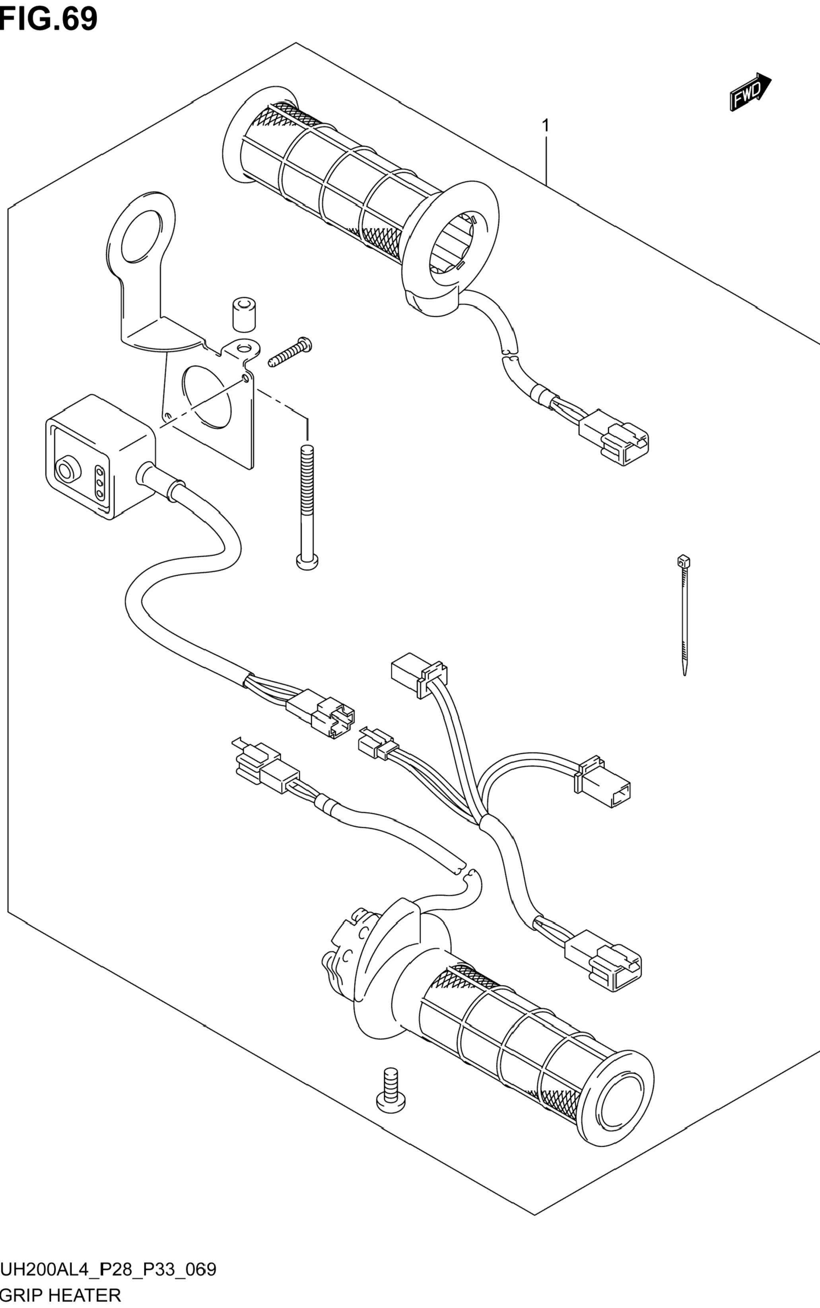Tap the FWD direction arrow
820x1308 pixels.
pos(750,93)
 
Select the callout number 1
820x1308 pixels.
pos(546,126)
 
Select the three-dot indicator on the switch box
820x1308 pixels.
pos(100,482)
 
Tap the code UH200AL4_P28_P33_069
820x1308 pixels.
pos(109,1269)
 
